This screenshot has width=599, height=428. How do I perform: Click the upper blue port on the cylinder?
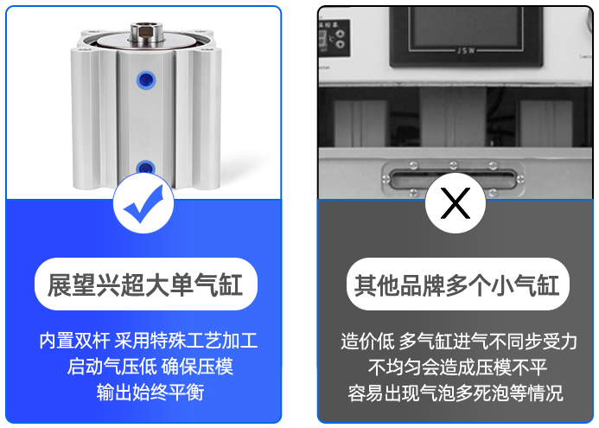tap(146, 80)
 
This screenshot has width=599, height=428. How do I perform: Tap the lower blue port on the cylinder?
tap(145, 168)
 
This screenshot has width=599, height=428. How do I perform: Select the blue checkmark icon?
tap(143, 204)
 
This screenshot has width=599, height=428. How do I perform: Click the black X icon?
tap(456, 203)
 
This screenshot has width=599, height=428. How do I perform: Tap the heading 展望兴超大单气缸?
tap(145, 284)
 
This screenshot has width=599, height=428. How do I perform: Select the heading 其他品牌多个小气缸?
tap(457, 284)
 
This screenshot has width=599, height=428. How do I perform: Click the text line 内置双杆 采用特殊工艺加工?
tap(149, 340)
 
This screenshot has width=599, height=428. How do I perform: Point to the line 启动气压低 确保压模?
tap(150, 366)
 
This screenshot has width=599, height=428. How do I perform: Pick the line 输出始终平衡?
tap(150, 392)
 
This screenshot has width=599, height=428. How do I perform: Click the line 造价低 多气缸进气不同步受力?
tap(458, 341)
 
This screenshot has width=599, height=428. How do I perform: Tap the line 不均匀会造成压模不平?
tap(457, 367)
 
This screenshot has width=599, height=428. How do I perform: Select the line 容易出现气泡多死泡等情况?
tap(456, 393)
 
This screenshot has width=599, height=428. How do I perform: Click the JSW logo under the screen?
tap(465, 50)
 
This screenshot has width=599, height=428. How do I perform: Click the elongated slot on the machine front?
tap(453, 178)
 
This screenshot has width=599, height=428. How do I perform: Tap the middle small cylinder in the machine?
tap(453, 116)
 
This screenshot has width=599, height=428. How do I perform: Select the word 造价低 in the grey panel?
tap(367, 341)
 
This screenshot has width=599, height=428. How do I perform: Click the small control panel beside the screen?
tap(334, 37)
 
